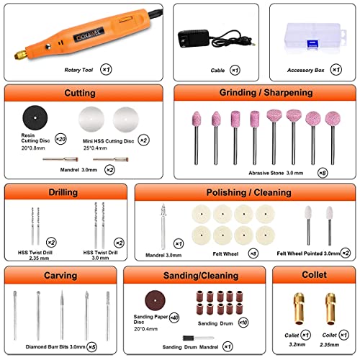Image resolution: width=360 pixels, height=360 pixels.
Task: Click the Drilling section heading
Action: click(62, 192)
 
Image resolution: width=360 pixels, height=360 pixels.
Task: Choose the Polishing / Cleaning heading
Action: click(244, 192)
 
